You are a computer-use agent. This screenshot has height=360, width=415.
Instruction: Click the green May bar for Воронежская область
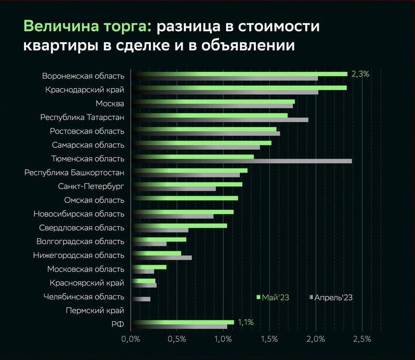pos(240,74)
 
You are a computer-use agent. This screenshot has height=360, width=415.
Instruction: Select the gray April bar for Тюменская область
pos(242,161)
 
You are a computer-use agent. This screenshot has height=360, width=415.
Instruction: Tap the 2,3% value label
pos(360,74)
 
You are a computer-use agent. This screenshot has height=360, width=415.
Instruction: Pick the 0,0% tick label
pos(131,339)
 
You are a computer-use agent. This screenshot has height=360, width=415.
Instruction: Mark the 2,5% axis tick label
pos(362,339)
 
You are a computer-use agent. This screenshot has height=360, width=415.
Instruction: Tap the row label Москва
pos(110,104)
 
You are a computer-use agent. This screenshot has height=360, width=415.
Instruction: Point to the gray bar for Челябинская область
pos(141,299)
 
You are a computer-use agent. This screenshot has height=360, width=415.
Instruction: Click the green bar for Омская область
pos(184,198)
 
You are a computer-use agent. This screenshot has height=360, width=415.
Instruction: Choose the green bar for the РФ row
pos(183,322)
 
